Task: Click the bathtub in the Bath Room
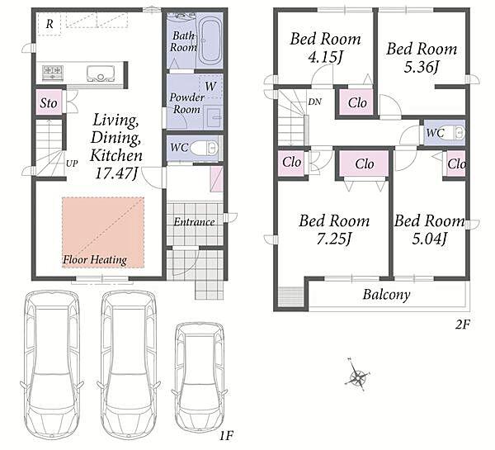coord(210,41)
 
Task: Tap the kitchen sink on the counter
coord(101,73)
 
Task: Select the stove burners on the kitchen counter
coord(53,73)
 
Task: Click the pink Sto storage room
coord(49,102)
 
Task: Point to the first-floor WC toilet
coord(204,148)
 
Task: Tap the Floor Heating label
coord(95,260)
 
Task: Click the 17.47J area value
coord(117,173)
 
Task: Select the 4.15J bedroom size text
coord(326,57)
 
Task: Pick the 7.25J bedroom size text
coord(334,239)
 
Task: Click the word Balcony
coord(386,295)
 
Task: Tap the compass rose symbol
coord(358,376)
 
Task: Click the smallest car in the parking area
coord(200,376)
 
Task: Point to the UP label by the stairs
coord(72,163)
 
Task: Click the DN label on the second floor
coord(315,102)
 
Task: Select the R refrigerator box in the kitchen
coord(49,24)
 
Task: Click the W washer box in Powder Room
coord(210,86)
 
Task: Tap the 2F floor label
coord(463,324)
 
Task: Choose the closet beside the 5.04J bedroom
coord(456,164)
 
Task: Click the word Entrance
coord(194,222)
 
